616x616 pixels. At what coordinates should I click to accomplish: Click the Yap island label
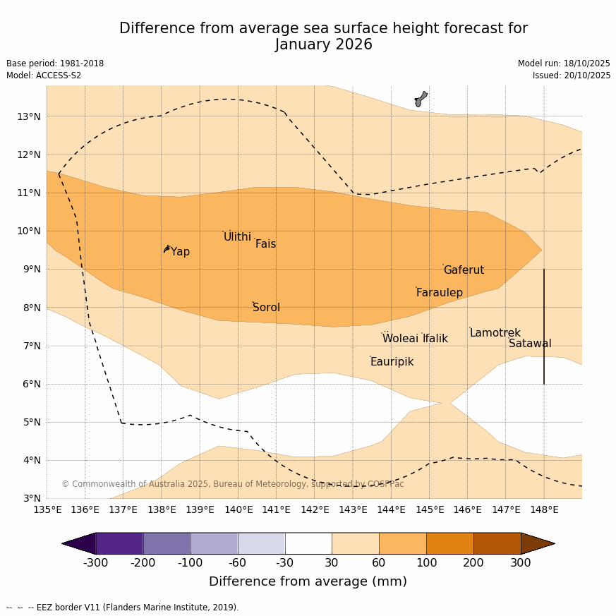[x=180, y=252]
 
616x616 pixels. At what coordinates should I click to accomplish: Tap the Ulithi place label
[x=237, y=237]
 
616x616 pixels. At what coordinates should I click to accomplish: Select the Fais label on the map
[x=265, y=244]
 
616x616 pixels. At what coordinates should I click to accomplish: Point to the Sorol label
[x=266, y=308]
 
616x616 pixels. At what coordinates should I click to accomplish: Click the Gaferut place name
[x=464, y=270]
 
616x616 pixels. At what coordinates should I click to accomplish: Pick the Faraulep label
[x=439, y=293]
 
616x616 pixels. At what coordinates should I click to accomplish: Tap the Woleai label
[x=400, y=339]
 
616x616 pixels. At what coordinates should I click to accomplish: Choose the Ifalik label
[x=435, y=339]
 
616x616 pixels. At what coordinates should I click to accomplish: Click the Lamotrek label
[x=495, y=333]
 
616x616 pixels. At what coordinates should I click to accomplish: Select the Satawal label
[x=530, y=344]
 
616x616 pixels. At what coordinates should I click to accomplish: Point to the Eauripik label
[x=392, y=362]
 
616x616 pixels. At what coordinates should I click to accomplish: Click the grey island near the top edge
[x=421, y=99]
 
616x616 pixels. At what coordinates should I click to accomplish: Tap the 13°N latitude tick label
[x=28, y=116]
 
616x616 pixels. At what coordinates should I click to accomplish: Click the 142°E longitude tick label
[x=315, y=509]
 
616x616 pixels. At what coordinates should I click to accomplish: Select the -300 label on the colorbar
[x=96, y=562]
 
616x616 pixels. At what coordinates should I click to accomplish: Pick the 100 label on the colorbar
[x=426, y=562]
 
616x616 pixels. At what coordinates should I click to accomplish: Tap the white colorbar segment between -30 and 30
[x=308, y=543]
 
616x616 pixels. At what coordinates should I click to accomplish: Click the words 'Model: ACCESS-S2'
[x=44, y=76]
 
